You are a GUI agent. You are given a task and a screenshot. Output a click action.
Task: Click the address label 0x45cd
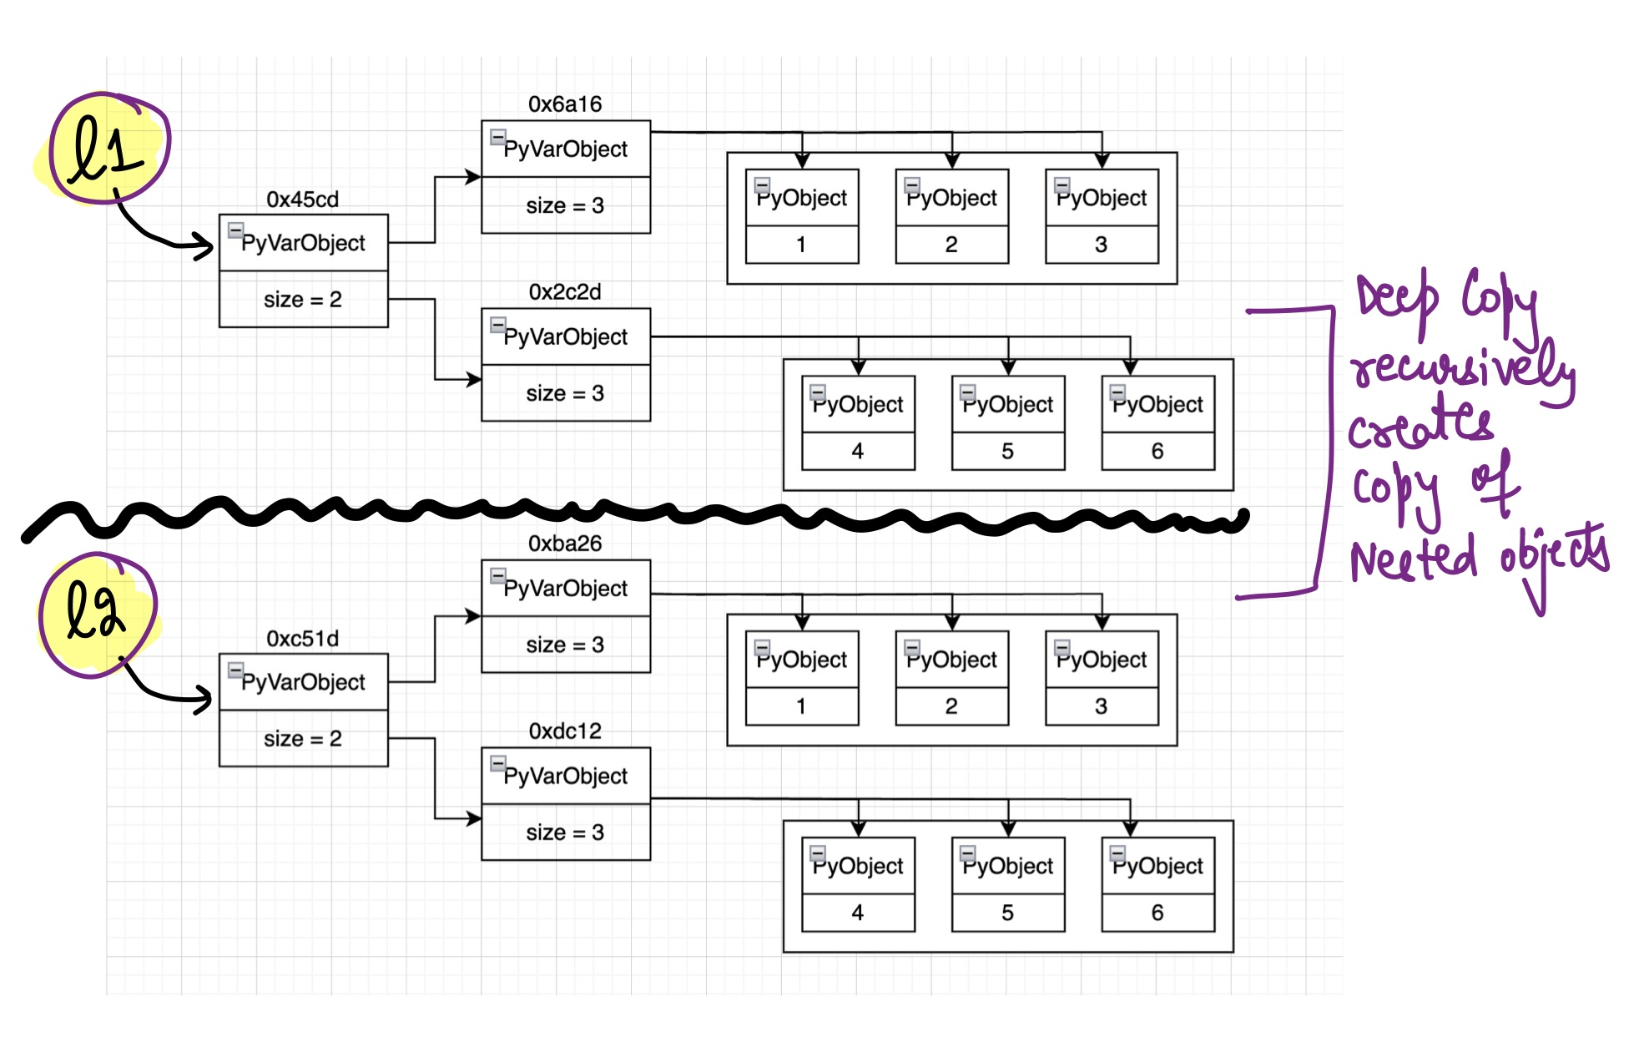click(302, 200)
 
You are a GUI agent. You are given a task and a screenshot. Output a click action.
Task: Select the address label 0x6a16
click(565, 104)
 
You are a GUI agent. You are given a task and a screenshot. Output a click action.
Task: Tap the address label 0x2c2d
click(565, 292)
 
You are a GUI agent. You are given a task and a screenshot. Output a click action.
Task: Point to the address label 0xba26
click(565, 544)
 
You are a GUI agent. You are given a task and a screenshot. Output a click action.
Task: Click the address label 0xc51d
click(302, 639)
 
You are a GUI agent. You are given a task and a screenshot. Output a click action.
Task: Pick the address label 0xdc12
click(565, 731)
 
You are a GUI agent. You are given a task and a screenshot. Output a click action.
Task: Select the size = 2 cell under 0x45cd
click(303, 300)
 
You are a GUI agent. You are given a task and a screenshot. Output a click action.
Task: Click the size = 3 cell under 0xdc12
click(565, 832)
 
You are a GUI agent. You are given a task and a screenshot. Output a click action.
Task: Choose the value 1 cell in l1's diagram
click(801, 245)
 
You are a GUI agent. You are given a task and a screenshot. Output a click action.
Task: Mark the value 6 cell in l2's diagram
click(1157, 913)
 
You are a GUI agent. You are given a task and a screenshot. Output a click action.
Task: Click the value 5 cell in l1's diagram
click(1007, 451)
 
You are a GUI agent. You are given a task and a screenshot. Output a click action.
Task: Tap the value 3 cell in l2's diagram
click(1101, 706)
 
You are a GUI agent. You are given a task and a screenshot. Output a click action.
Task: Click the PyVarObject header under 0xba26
click(565, 589)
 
